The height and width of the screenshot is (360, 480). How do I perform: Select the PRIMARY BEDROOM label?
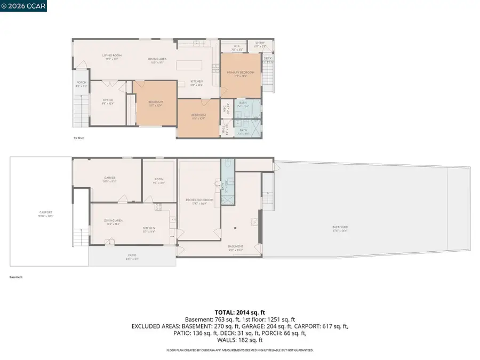241,73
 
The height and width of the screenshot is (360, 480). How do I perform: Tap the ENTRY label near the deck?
260,43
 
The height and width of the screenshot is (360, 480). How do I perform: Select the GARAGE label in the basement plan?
110,178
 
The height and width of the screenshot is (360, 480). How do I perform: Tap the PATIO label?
132,255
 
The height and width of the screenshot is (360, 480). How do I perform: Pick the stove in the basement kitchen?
158,206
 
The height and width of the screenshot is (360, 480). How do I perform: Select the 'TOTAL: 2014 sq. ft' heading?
239,311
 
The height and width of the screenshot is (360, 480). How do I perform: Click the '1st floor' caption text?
79,138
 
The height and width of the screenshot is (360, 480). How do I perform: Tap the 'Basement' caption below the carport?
16,277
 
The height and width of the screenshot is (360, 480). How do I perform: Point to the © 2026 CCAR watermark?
23,6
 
